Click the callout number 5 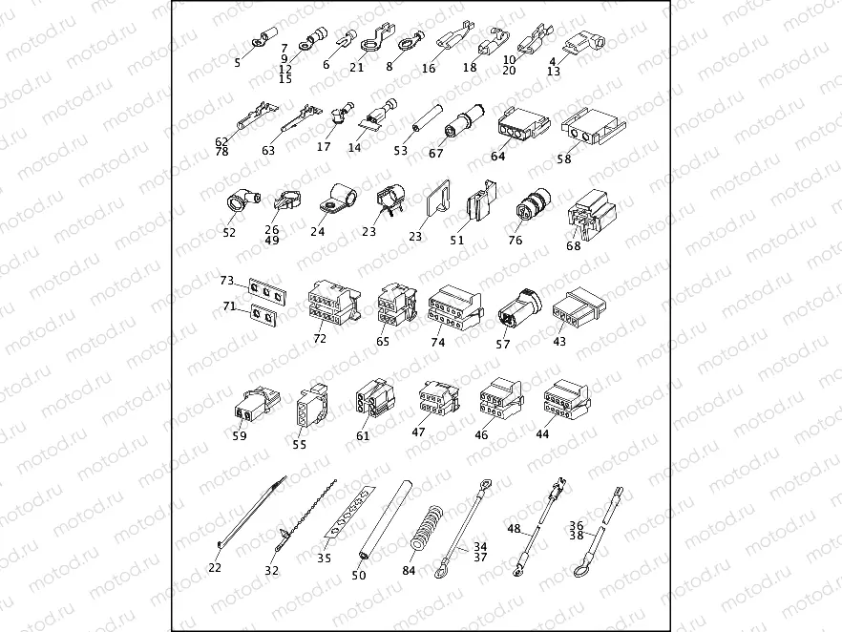[x=238, y=63]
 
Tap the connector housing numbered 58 [x=593, y=127]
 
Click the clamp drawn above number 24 [x=338, y=200]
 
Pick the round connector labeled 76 [x=532, y=205]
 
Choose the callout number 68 [x=574, y=246]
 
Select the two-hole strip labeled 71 [x=263, y=315]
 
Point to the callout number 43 [x=559, y=342]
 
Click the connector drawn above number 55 [x=311, y=407]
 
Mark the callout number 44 [x=542, y=433]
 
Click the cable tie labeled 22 [x=251, y=513]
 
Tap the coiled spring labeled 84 [x=428, y=528]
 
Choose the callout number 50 [x=359, y=575]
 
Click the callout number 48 [x=514, y=528]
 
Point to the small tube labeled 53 [x=428, y=118]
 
